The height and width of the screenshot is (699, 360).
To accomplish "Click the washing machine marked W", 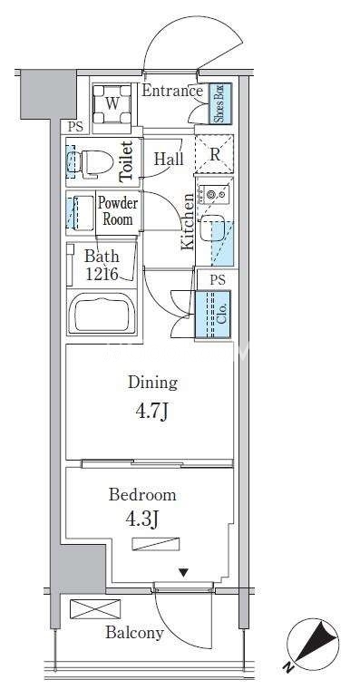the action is pyautogui.click(x=112, y=104).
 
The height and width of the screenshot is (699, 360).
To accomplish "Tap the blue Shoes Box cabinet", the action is pyautogui.click(x=220, y=103).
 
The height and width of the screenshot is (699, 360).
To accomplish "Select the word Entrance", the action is pyautogui.click(x=172, y=91).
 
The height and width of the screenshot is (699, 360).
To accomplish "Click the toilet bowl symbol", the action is pyautogui.click(x=92, y=161).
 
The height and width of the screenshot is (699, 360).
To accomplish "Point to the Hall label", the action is pyautogui.click(x=169, y=160).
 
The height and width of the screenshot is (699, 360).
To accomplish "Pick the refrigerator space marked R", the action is pyautogui.click(x=215, y=154).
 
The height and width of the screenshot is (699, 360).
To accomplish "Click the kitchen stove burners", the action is pyautogui.click(x=214, y=195).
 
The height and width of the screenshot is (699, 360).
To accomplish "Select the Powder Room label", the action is pyautogui.click(x=118, y=211).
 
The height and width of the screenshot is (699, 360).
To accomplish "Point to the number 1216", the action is pyautogui.click(x=102, y=274).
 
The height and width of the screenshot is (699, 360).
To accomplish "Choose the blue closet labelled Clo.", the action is pyautogui.click(x=213, y=315).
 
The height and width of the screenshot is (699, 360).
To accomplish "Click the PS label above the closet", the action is pyautogui.click(x=218, y=280).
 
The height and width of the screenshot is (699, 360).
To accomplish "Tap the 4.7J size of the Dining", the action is pyautogui.click(x=151, y=412).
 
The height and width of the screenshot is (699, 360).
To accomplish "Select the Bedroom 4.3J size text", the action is pyautogui.click(x=143, y=519).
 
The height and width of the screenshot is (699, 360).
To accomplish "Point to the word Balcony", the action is pyautogui.click(x=134, y=633).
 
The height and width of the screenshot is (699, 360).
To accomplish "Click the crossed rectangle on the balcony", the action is pyautogui.click(x=95, y=609).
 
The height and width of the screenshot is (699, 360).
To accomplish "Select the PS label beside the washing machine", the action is pyautogui.click(x=75, y=127).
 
